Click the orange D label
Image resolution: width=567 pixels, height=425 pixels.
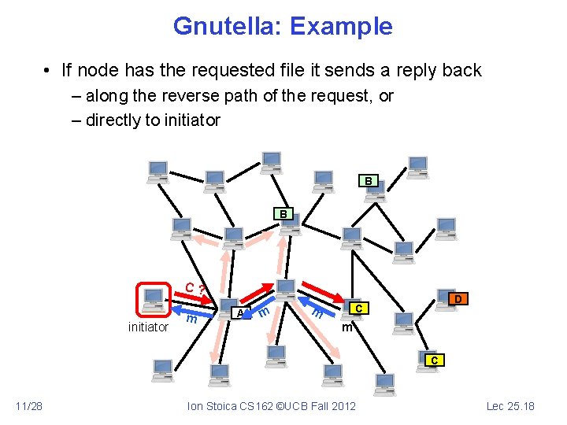[457, 299]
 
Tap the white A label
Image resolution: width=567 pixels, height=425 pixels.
[239, 313]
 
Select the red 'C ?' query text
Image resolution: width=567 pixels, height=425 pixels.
[195, 289]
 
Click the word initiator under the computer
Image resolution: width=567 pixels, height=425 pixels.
[148, 327]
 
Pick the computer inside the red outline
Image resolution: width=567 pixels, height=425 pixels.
[154, 299]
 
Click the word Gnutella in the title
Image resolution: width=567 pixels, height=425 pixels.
[228, 26]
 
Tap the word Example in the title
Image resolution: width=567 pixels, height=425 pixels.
[341, 26]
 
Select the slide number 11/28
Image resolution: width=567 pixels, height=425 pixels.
[29, 406]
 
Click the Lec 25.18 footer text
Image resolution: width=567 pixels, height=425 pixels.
[511, 406]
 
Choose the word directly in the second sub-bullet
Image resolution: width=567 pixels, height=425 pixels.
[116, 120]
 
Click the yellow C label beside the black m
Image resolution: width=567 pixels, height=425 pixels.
[358, 308]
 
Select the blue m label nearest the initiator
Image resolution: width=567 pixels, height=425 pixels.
[191, 319]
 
